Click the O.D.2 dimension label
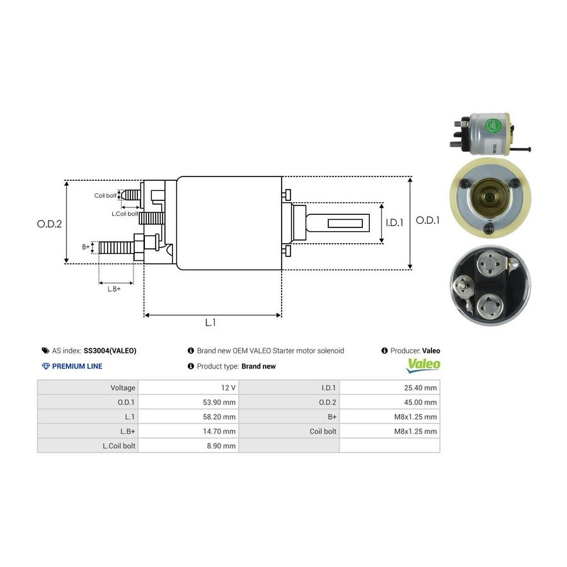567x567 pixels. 50,224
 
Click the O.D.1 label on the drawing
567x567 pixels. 428,220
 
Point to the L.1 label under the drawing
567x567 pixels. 210,323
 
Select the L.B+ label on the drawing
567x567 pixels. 114,289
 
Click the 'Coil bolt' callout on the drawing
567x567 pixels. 106,196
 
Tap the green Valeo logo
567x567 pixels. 423,365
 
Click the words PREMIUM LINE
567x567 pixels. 77,366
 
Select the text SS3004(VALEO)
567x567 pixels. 110,351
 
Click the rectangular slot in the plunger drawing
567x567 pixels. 346,223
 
